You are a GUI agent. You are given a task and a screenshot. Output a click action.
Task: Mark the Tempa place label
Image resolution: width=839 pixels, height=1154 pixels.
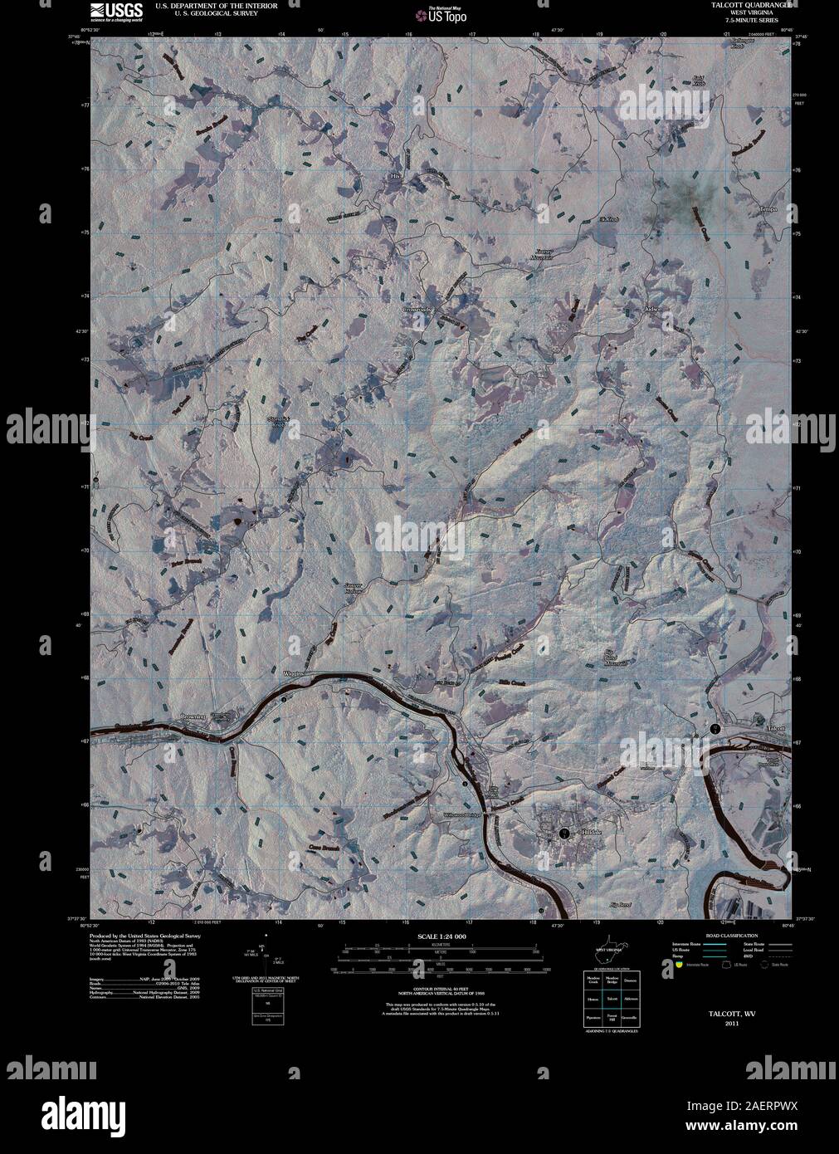(x=771, y=209)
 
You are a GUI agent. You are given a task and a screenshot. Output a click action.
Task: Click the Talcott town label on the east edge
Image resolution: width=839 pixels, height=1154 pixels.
(x=776, y=728)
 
